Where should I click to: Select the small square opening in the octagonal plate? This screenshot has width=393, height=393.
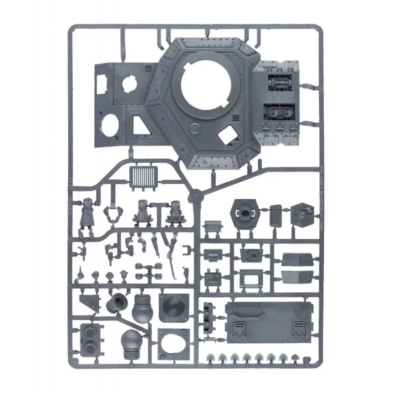[227, 133]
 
